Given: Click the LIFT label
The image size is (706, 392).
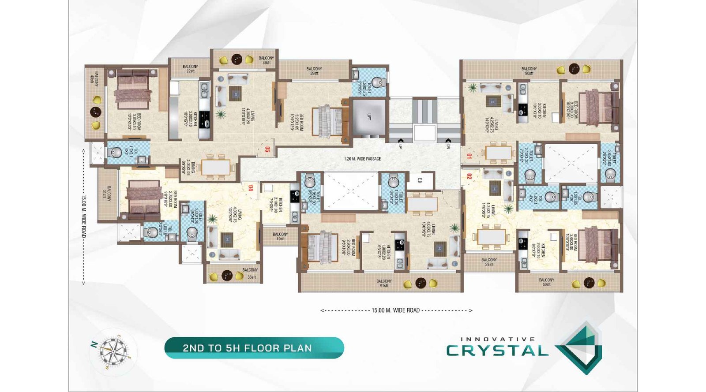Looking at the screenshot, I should pos(369,117).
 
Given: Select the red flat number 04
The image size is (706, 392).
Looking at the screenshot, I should pos(251,188).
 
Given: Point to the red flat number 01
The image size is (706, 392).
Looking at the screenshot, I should pos(469,156).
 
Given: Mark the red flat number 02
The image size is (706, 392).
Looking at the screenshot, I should pos(469,176).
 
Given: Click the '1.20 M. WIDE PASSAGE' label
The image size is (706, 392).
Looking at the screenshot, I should pos(362,159).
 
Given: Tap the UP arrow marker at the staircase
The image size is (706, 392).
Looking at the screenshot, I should pos(400,146).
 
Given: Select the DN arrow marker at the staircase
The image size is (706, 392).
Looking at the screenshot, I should pos(448,146).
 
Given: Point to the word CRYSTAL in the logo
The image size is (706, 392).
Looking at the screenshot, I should pos(497,351).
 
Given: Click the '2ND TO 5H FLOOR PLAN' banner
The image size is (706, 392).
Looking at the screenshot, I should pos(254,348).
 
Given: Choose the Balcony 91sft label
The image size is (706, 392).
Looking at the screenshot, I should pos(384,283).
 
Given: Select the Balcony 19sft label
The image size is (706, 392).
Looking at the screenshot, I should pos(280,236).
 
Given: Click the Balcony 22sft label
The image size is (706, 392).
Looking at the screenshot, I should pos(190,68).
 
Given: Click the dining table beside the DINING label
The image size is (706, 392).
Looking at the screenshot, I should pos(216,167).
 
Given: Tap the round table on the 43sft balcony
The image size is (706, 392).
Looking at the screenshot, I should pos(96,112).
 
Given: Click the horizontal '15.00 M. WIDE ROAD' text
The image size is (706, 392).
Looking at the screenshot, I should pos(395,310).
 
